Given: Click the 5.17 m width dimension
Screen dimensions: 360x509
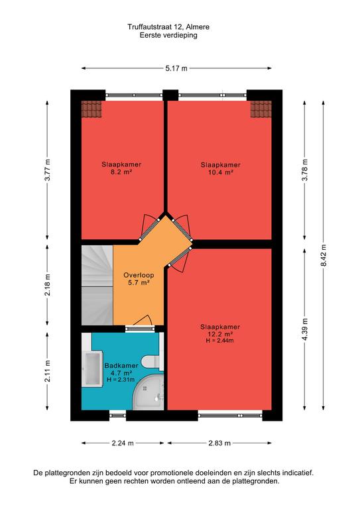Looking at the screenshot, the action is (x=176, y=68).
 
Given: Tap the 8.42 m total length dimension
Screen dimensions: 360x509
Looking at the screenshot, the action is (x=324, y=255).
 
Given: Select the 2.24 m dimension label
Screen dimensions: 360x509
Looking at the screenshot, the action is (x=123, y=443).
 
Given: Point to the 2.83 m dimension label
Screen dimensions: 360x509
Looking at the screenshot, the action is (x=219, y=443).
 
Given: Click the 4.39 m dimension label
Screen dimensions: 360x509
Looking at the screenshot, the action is (x=305, y=329).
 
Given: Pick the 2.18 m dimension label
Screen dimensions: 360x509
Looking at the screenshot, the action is (x=48, y=285).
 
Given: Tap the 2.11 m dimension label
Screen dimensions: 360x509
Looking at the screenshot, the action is (x=48, y=371).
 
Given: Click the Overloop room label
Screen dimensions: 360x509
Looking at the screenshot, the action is (x=139, y=275).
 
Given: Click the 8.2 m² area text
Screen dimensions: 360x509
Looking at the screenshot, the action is (x=121, y=172).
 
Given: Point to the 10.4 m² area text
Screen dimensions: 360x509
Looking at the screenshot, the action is (x=220, y=172).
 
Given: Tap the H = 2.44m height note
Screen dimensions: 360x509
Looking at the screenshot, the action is (x=219, y=341).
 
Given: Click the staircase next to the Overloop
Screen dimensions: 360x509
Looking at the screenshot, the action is (x=97, y=285).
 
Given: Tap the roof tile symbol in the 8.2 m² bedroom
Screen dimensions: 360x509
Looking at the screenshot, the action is (x=91, y=109).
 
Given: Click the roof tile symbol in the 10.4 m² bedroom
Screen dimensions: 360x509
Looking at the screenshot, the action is (x=261, y=109).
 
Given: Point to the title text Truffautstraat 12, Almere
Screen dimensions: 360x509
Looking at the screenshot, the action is (x=168, y=27).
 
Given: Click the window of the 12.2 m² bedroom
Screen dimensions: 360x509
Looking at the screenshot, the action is (x=230, y=415).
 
